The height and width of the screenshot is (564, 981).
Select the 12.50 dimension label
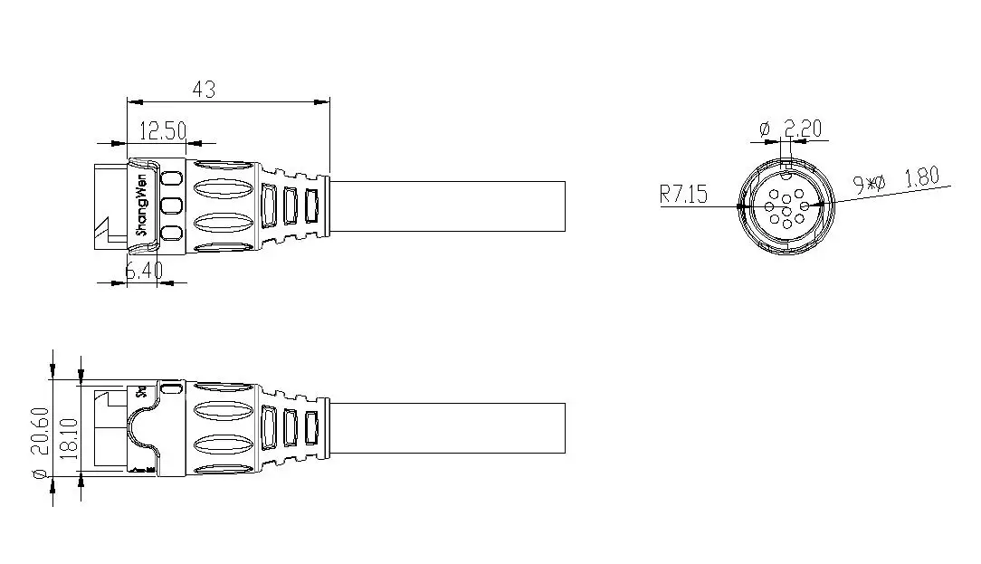[162, 131]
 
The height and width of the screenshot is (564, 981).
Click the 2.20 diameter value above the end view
[802, 129]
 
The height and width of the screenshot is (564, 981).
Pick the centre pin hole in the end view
[786, 206]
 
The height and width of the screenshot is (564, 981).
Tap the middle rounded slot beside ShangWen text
[170, 205]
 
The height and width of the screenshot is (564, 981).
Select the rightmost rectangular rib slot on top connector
[312, 205]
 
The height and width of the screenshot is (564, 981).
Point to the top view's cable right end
[565, 206]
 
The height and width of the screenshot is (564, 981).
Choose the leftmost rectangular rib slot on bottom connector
[269, 428]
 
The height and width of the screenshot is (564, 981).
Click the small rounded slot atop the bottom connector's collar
[170, 389]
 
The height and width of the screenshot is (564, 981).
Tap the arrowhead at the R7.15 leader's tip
[743, 206]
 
